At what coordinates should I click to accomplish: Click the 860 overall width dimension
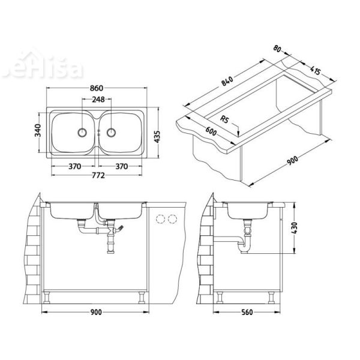coord(97,88)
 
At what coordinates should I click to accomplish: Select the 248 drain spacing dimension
coord(97,100)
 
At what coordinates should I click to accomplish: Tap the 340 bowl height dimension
coord(37,130)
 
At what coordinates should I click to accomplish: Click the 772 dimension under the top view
coord(97,175)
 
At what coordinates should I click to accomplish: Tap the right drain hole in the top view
coord(112,131)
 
